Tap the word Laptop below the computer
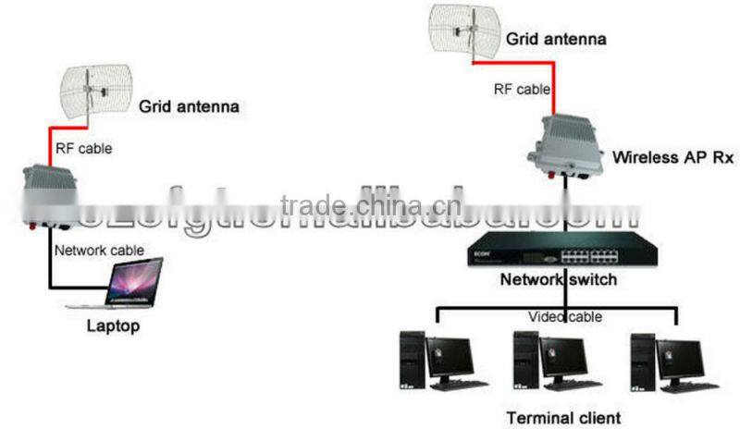click(112, 325)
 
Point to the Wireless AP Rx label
click(660, 157)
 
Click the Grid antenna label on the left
click(189, 107)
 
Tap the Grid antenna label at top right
click(556, 39)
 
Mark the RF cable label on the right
click(522, 90)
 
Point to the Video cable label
click(565, 317)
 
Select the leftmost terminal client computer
click(436, 362)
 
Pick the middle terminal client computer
click(551, 362)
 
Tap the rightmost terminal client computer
click(667, 362)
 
